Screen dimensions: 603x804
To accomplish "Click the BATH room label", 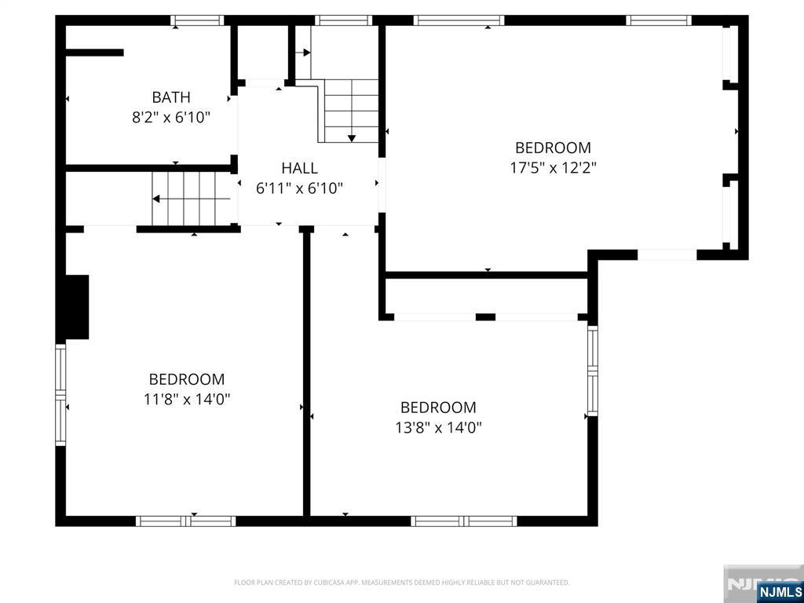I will pyautogui.click(x=171, y=97).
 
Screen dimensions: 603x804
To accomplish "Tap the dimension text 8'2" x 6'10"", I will pyautogui.click(x=171, y=118).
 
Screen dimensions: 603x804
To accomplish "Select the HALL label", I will pyautogui.click(x=300, y=168).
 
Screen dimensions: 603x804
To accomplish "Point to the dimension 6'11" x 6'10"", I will pyautogui.click(x=300, y=188).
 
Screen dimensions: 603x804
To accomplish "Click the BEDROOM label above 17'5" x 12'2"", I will pyautogui.click(x=553, y=148).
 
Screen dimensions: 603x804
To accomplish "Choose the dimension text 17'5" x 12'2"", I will pyautogui.click(x=553, y=168).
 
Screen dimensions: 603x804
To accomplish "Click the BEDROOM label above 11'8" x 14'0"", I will pyautogui.click(x=187, y=379).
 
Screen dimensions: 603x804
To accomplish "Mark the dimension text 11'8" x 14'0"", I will pyautogui.click(x=187, y=400).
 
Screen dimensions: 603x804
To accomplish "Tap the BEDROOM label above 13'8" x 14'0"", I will pyautogui.click(x=438, y=407).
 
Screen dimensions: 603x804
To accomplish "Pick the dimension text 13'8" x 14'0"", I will pyautogui.click(x=438, y=428).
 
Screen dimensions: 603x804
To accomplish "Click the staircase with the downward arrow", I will pyautogui.click(x=351, y=110).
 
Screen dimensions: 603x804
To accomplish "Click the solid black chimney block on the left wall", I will pyautogui.click(x=77, y=307).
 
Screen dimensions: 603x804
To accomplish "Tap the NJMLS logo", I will pyautogui.click(x=780, y=591).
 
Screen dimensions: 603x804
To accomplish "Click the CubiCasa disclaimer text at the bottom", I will pyautogui.click(x=401, y=583).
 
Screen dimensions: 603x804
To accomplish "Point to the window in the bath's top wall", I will pyautogui.click(x=198, y=20).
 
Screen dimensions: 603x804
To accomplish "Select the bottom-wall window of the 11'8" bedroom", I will pyautogui.click(x=186, y=521).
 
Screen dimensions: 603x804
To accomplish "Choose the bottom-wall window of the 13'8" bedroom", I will pyautogui.click(x=464, y=521).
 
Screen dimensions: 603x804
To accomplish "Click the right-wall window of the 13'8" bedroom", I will pyautogui.click(x=593, y=371).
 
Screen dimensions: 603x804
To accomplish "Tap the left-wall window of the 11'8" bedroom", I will pyautogui.click(x=60, y=395).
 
